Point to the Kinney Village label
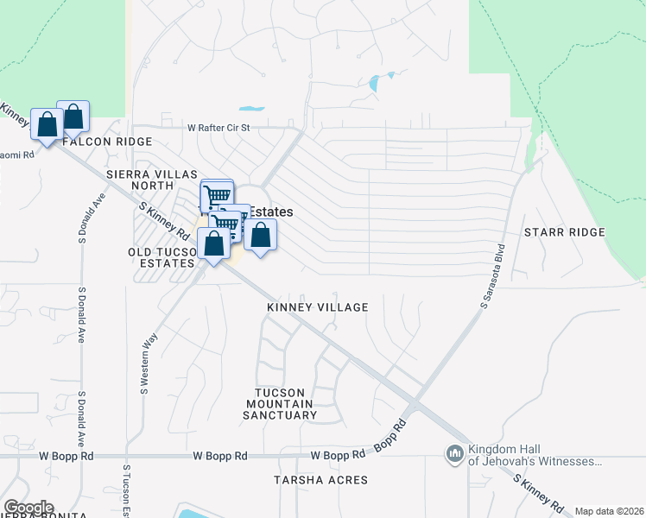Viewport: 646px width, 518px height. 318,307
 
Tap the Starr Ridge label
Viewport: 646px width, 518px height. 564,233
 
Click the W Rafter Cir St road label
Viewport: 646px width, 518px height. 218,128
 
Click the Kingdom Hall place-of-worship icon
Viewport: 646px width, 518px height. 454,453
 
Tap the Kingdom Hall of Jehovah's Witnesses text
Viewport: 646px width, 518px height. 533,455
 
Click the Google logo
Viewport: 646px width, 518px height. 28,508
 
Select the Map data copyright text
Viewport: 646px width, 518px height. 608,511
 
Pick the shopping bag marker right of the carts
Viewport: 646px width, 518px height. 260,234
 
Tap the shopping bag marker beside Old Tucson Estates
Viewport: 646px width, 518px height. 213,242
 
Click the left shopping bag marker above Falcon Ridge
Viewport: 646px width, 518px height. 46,124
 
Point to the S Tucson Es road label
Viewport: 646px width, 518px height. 126,490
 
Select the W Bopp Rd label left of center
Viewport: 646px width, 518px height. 220,455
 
